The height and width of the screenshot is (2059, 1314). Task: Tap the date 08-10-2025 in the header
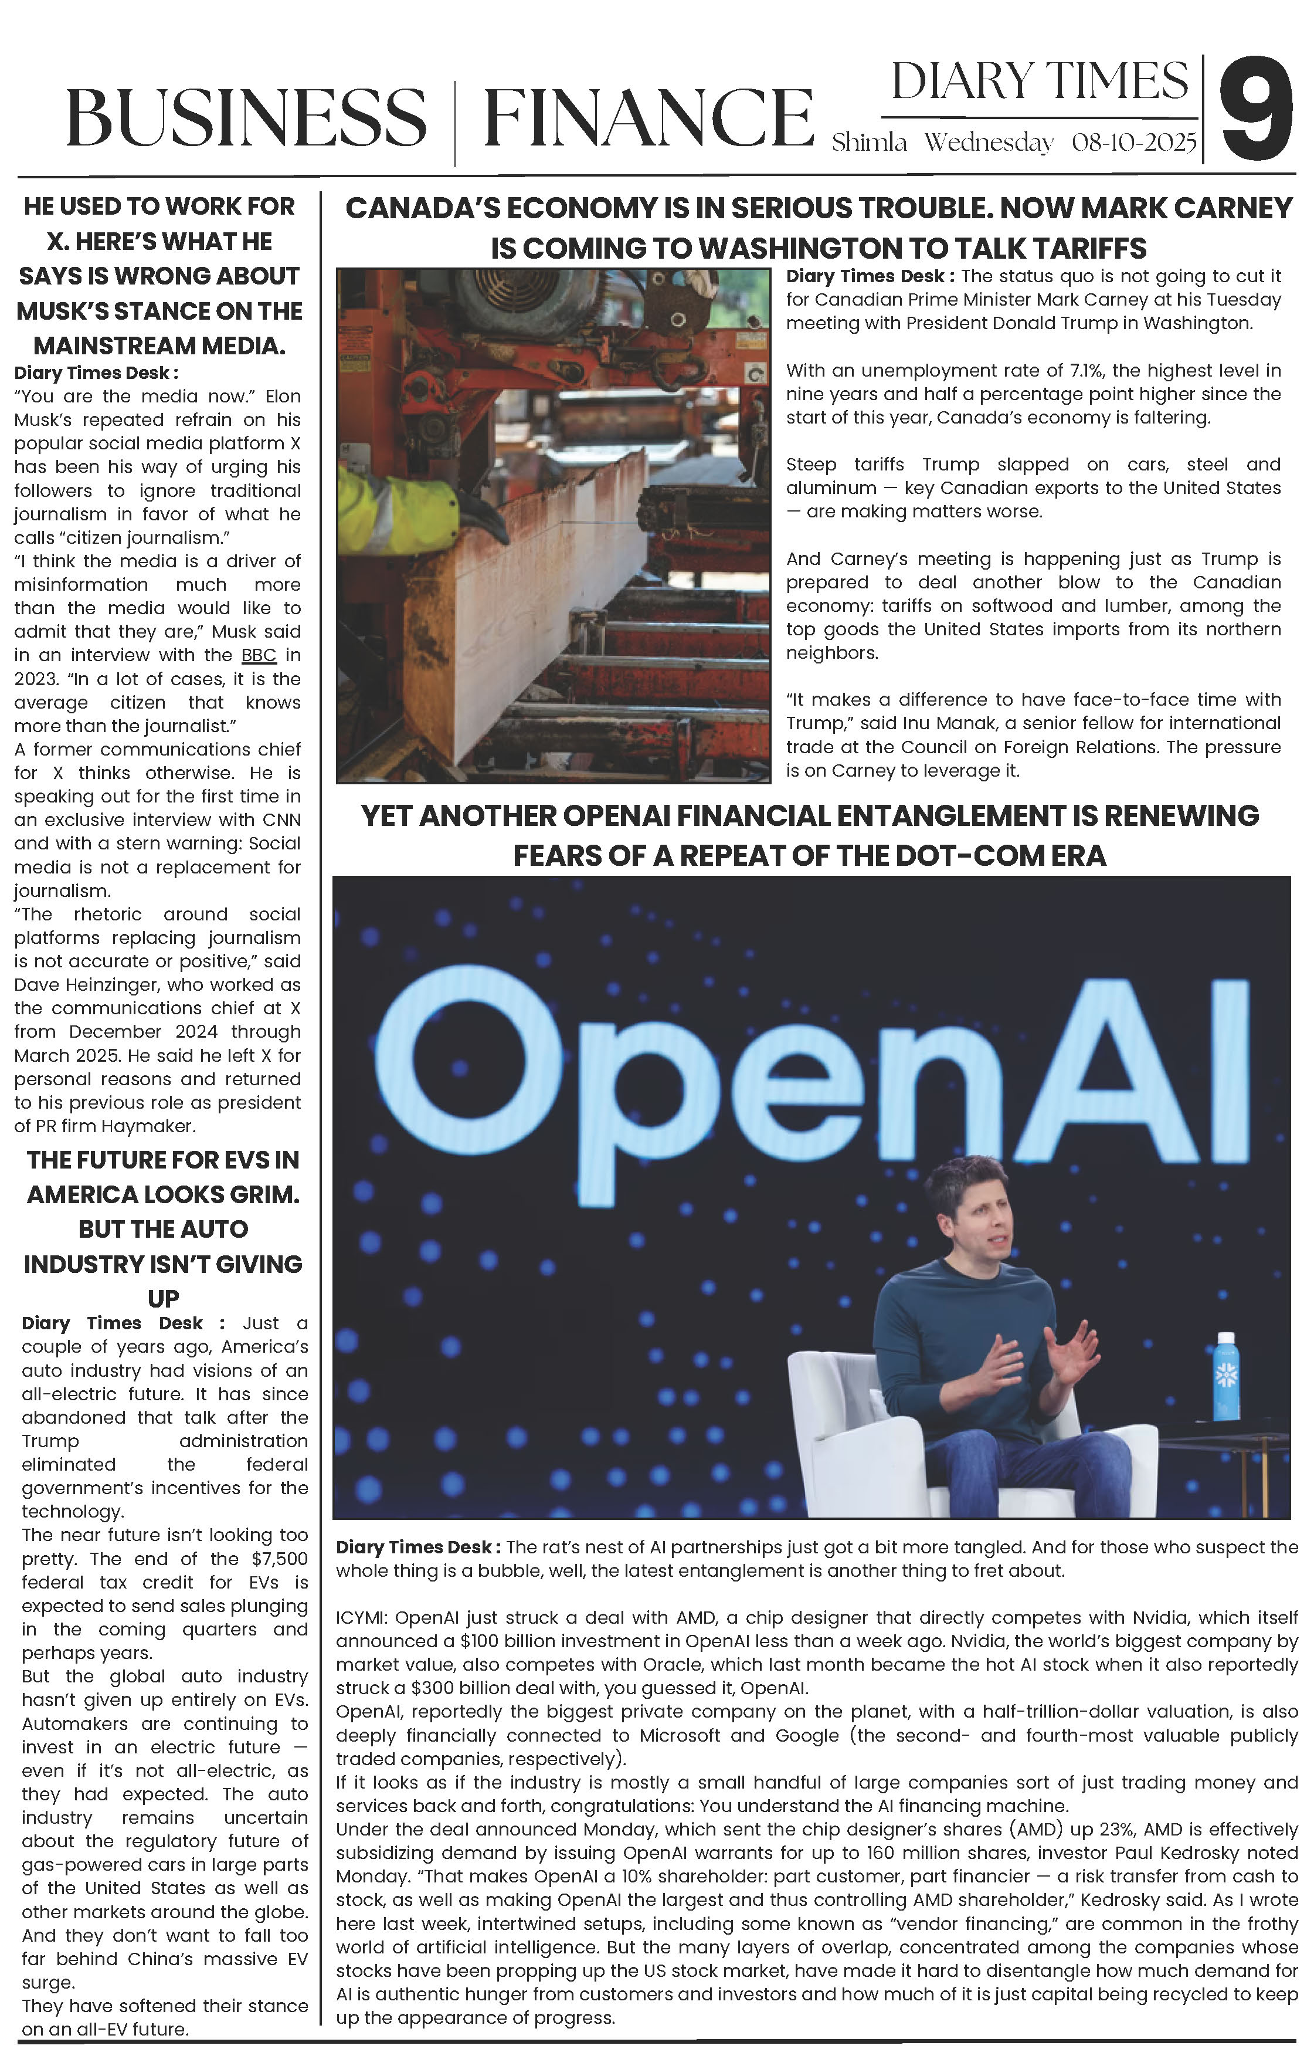[1133, 142]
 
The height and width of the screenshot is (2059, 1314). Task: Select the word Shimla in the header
[870, 142]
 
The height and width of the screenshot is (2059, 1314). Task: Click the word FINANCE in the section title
[648, 117]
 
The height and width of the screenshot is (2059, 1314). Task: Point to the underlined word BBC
[258, 656]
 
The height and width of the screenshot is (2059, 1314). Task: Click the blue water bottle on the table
[1226, 1377]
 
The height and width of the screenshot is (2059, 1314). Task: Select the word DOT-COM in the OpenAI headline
[960, 855]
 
